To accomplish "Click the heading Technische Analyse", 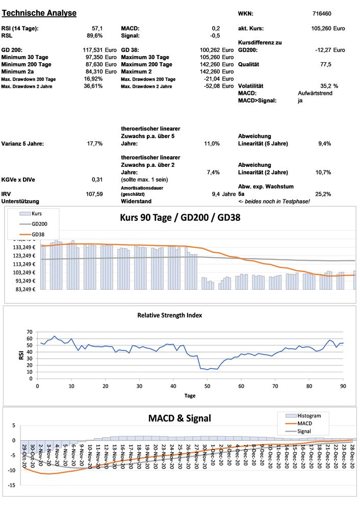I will tap(39, 13).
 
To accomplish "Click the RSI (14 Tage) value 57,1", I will tap(97, 28).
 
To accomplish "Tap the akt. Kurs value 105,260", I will tap(321, 28).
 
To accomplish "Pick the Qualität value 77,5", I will tap(325, 65).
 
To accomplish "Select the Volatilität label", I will tap(254, 86).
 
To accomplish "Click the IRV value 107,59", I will tap(94, 194).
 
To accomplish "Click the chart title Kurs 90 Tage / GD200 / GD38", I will tap(180, 217).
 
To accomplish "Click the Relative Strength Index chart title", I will tap(169, 315).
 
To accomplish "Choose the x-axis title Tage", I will tap(190, 395).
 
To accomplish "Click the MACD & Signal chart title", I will tap(179, 418).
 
